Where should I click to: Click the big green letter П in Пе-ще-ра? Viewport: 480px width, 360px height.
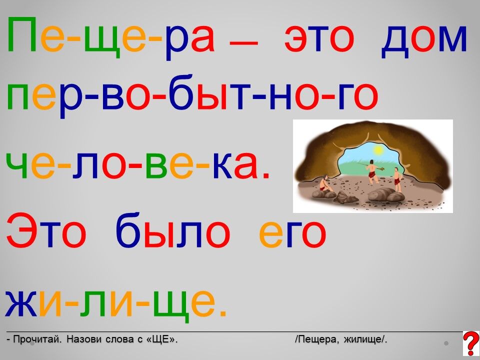coord(23,35)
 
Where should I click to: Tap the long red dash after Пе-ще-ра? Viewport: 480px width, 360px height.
coord(243,44)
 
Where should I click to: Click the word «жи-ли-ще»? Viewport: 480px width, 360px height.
coord(116,303)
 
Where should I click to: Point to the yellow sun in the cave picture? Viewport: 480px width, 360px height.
coord(378,149)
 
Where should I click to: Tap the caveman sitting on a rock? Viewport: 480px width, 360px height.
coord(325,183)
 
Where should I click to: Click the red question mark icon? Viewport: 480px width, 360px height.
coord(471,343)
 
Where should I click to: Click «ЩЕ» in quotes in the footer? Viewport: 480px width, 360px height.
coord(164,339)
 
